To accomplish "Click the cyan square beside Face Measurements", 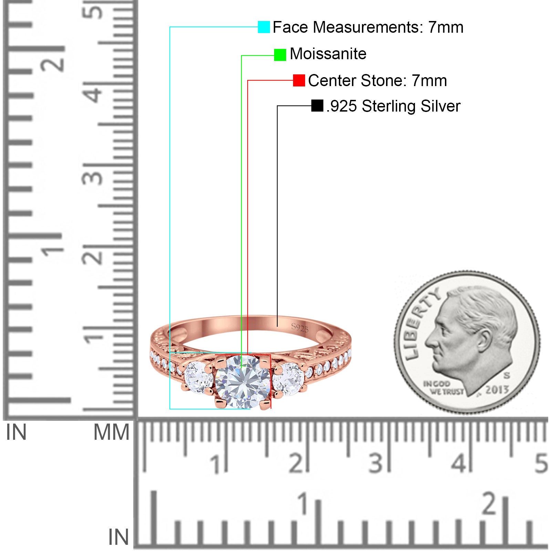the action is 264,27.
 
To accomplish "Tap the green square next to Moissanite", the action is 280,55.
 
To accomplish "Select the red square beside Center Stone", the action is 299,81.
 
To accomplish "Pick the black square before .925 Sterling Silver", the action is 317,106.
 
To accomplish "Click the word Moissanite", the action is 328,54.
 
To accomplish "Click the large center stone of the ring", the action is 242,382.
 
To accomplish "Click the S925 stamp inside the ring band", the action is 300,328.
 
